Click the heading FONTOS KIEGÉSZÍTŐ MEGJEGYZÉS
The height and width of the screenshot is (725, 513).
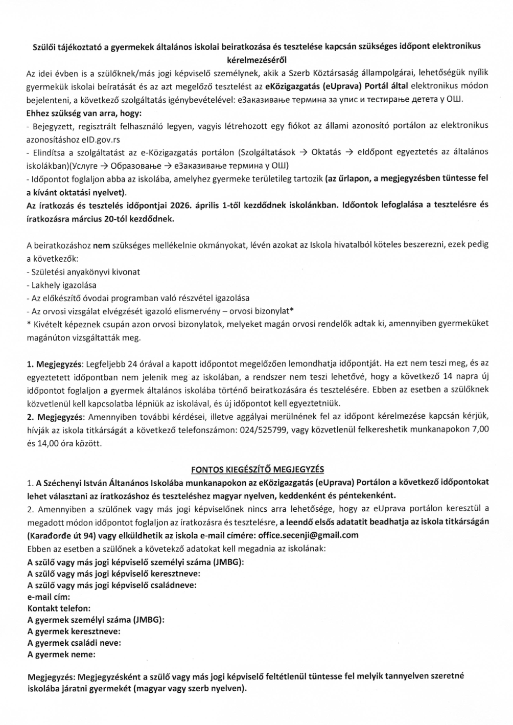[x=257, y=469]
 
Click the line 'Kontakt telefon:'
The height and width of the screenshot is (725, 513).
[x=59, y=608]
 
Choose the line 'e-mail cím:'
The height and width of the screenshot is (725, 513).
[x=49, y=597]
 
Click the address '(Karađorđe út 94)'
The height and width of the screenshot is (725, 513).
[x=61, y=535]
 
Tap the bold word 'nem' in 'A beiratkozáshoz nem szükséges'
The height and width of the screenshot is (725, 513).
[x=105, y=245]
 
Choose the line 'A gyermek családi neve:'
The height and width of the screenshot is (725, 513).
[x=74, y=643]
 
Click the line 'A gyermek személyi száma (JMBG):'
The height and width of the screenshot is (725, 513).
[x=96, y=620]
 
